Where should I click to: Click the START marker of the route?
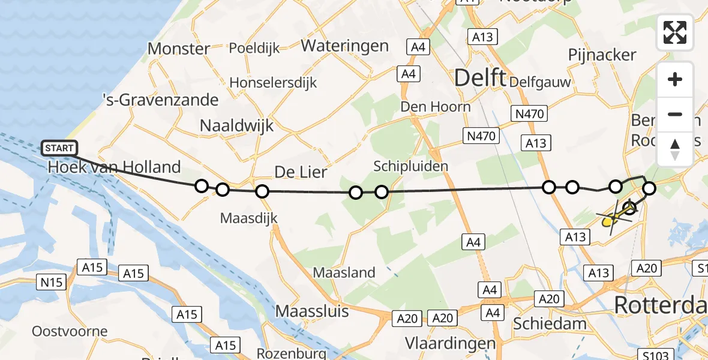coord(59,148)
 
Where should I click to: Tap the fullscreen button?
coord(675,32)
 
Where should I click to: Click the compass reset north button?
coord(675,149)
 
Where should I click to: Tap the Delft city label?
coord(479,77)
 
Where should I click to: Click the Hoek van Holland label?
coord(114,167)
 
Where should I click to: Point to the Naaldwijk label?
coord(236,125)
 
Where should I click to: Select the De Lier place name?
coord(301,173)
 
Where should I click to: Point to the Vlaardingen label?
coord(450,343)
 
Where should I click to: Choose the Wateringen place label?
coord(344,46)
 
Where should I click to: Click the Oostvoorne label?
coord(70,331)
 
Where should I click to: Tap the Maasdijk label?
coord(248,218)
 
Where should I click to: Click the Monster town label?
coord(179,49)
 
